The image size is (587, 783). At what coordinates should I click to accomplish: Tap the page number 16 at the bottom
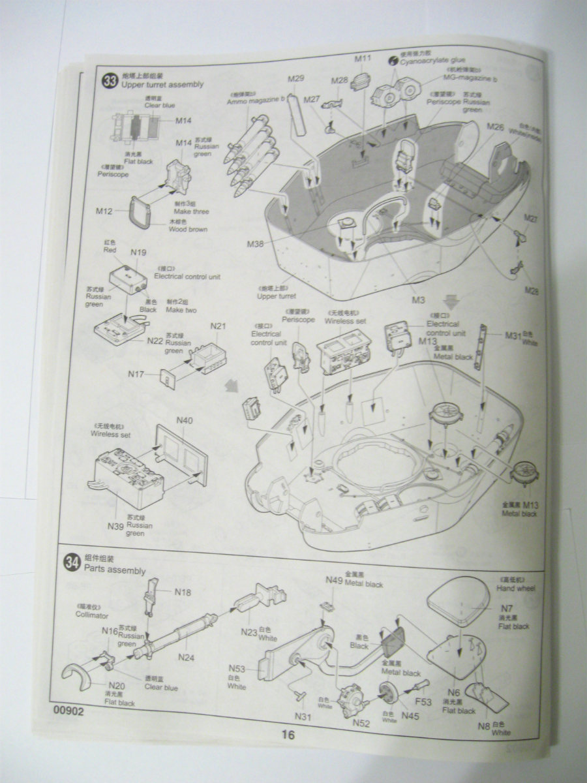tap(288, 735)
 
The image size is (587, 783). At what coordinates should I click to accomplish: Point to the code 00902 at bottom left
tap(69, 711)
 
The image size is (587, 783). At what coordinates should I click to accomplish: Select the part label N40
tap(185, 421)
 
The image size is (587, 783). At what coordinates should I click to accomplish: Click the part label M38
tap(256, 244)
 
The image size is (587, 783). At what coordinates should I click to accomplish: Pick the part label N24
tap(187, 657)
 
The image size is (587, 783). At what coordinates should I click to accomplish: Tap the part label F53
tap(423, 702)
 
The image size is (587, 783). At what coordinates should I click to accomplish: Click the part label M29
tap(296, 79)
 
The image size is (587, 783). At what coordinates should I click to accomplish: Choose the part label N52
tap(362, 723)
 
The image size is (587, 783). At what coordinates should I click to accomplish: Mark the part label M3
tap(419, 299)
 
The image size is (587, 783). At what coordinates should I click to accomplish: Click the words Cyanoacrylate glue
tap(433, 60)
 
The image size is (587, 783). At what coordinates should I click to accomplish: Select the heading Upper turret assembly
tap(162, 84)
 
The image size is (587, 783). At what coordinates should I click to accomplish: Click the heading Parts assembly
tap(115, 570)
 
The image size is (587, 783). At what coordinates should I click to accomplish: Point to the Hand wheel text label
tap(516, 588)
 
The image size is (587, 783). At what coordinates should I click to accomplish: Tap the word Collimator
tap(92, 615)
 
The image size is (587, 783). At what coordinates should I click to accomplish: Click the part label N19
tap(138, 253)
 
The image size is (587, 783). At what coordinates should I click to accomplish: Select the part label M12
tap(104, 211)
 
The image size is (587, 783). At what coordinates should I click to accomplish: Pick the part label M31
tap(514, 335)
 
